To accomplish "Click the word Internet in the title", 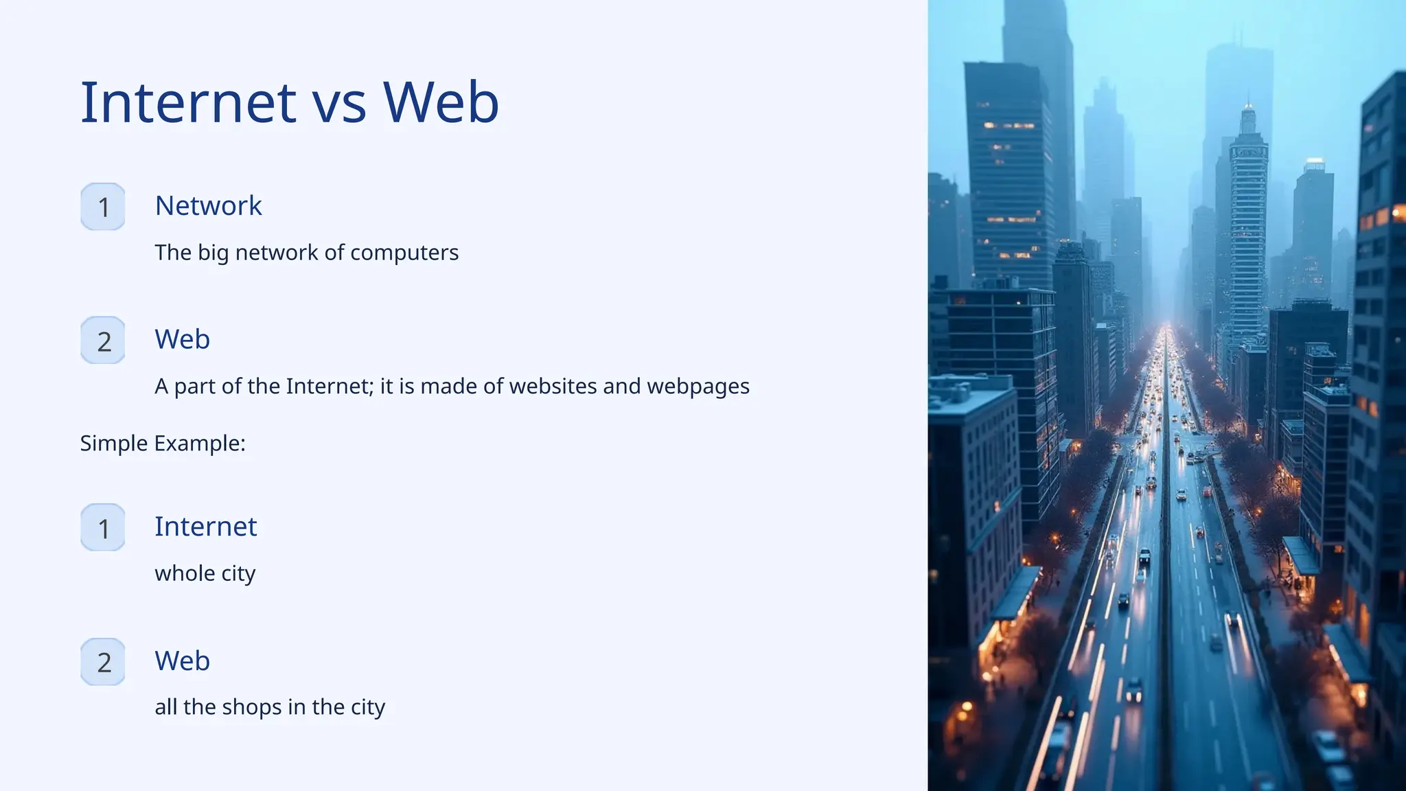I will point(188,102).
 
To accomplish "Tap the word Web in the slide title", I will point(441,102).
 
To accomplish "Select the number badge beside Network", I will point(103,207).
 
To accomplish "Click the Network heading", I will point(208,205).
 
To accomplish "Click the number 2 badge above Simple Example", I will point(103,341).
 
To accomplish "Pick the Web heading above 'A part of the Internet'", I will point(182,339).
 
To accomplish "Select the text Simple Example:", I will point(163,443).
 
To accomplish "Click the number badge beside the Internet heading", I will point(103,528).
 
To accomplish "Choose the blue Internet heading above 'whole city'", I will point(205,527).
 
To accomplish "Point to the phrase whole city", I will point(205,573).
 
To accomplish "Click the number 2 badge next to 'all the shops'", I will point(103,662).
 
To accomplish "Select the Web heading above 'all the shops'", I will point(182,661).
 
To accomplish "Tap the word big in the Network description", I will point(213,253).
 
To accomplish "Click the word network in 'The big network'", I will point(277,253).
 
